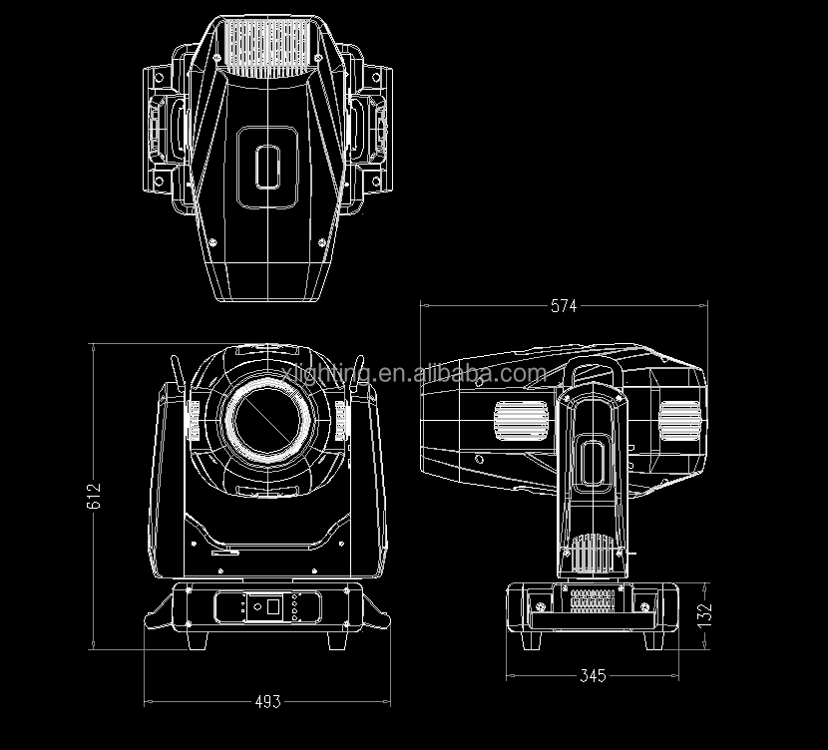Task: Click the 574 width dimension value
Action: pyautogui.click(x=563, y=306)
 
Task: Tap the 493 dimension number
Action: pyautogui.click(x=266, y=701)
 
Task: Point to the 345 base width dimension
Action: pyautogui.click(x=593, y=675)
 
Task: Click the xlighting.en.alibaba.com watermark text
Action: pyautogui.click(x=413, y=374)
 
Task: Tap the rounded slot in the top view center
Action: pyautogui.click(x=266, y=166)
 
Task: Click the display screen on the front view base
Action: pyautogui.click(x=266, y=604)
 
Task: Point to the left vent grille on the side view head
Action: pyautogui.click(x=522, y=420)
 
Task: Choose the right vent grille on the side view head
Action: pyautogui.click(x=678, y=420)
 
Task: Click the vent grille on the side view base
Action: pyautogui.click(x=595, y=601)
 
